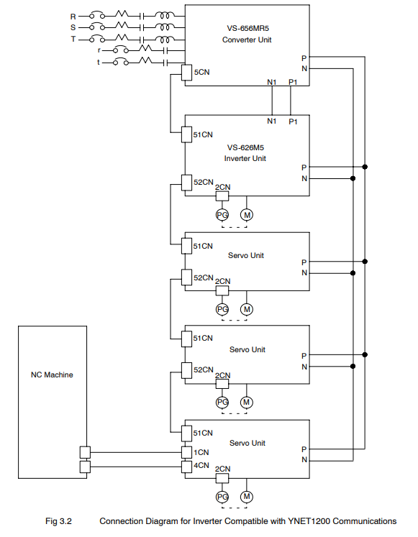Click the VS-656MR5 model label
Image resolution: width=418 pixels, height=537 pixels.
tap(247, 28)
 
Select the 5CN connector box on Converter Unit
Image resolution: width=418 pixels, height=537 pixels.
tap(187, 73)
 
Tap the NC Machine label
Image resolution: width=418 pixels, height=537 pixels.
tap(52, 375)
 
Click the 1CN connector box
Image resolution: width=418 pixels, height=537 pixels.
tap(187, 452)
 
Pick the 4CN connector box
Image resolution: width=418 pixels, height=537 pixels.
tap(187, 467)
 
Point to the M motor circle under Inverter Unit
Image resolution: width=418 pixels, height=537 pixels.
tap(247, 215)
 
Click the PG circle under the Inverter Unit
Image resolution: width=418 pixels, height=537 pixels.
tap(222, 215)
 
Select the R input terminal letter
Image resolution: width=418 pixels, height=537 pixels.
tap(73, 17)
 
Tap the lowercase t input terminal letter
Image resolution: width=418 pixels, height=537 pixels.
tap(99, 63)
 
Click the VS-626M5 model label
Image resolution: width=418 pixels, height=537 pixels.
tap(245, 147)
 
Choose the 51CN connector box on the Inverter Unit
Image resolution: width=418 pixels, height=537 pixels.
tap(187, 134)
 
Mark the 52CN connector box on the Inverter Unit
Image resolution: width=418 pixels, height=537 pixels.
tap(187, 183)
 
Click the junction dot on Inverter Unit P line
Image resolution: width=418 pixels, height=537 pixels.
tap(365, 167)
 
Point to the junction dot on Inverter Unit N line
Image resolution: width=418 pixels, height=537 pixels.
tap(353, 178)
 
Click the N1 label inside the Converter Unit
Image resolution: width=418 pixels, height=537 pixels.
tap(272, 82)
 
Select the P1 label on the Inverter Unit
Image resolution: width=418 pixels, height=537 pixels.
tap(293, 121)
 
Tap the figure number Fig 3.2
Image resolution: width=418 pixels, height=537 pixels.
tap(58, 521)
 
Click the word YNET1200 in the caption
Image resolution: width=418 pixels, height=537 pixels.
tap(309, 521)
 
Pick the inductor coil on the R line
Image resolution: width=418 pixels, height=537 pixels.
tap(165, 14)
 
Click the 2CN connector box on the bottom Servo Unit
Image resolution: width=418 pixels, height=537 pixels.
tap(222, 478)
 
